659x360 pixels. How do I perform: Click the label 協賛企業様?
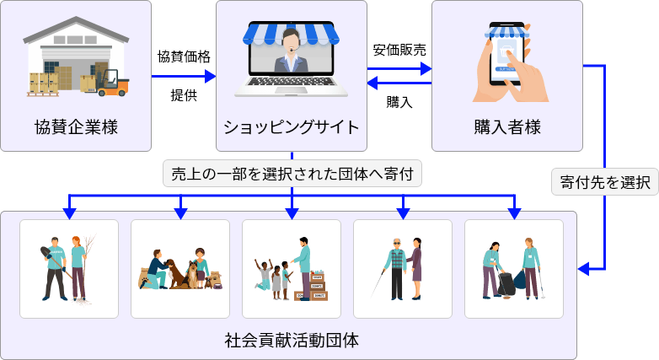point(76,128)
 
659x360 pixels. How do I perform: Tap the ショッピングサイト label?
point(292,128)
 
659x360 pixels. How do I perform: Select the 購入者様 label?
point(506,128)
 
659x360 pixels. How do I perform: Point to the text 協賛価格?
point(184,56)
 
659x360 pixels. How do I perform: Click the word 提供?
point(184,94)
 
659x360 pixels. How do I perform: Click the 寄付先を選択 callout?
point(605,182)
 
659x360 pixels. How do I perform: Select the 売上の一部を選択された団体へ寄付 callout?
point(292,175)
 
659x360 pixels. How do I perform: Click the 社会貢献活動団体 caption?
point(292,341)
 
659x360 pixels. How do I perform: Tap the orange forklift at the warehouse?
point(112,82)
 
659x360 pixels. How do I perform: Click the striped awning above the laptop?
point(292,32)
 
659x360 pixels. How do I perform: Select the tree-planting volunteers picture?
point(69,268)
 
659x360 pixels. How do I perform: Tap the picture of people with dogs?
point(180,268)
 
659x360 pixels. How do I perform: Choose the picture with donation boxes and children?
point(292,268)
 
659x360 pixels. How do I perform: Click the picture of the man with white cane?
point(403,268)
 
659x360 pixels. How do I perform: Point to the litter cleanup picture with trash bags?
point(514,268)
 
